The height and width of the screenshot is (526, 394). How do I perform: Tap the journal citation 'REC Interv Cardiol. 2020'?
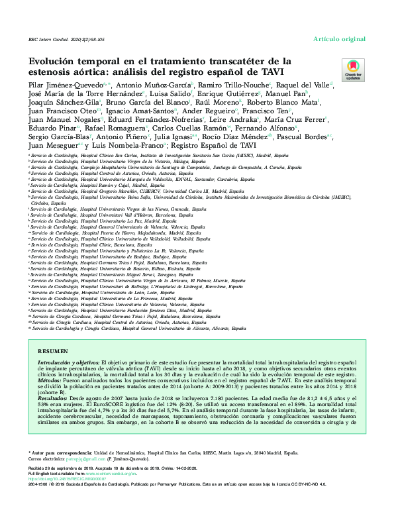click(50, 40)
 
